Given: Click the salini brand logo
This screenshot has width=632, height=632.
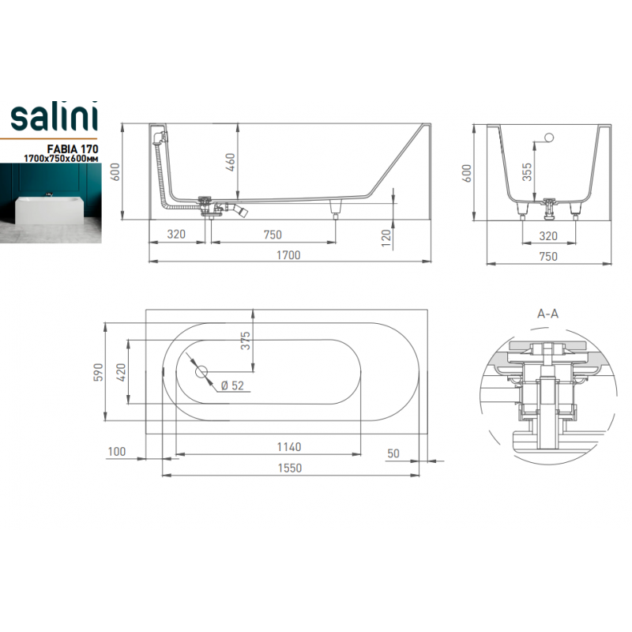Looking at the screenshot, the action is [x=54, y=117].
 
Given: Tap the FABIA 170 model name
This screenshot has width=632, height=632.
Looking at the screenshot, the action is [x=73, y=149].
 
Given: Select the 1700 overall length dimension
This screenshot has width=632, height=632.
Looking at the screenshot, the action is [x=288, y=255].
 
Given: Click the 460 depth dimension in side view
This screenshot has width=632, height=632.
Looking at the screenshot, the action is [x=231, y=162].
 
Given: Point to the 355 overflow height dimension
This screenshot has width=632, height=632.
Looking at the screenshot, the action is [x=527, y=172].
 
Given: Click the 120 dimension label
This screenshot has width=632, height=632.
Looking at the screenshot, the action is [x=386, y=239].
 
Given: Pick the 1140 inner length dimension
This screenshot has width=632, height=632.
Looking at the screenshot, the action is [x=289, y=447].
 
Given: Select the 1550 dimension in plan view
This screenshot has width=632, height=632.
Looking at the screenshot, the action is [x=289, y=468].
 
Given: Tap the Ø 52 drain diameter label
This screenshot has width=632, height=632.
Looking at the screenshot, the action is [x=232, y=386].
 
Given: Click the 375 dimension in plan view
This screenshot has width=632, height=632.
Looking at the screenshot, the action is [x=245, y=340].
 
